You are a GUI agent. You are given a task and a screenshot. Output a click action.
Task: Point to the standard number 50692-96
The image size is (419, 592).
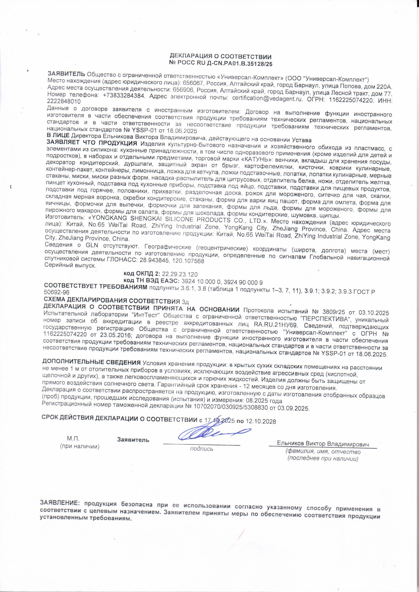click(57, 292)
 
